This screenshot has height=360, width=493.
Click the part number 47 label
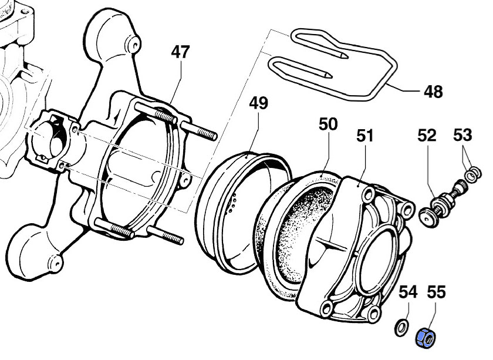coord(181,52)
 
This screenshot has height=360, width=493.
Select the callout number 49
coord(258,104)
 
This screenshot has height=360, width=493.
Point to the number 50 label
coord(328,125)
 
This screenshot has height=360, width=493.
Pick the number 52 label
coord(427,136)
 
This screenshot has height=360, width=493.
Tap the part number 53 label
coord(462,136)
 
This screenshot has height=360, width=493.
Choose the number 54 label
coord(408,291)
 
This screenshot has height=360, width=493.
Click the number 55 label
coord(436,291)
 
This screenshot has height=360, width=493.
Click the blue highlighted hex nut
coord(425,338)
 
